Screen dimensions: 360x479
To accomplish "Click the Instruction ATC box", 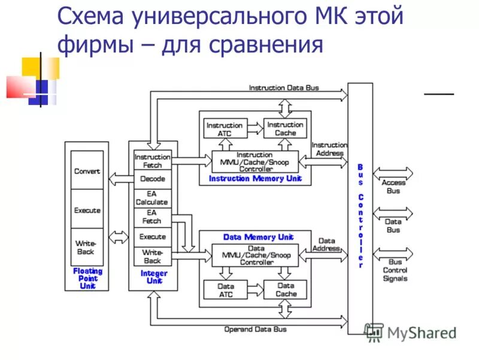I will (225, 129).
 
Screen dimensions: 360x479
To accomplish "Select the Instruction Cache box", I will (285, 128).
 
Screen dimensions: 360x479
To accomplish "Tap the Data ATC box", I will (225, 290).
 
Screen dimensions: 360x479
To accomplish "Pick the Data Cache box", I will (286, 290).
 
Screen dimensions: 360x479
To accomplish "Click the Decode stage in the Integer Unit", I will (153, 179).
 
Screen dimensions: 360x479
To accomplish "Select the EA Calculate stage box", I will (153, 199).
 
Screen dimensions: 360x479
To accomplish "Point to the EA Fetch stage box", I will (152, 217).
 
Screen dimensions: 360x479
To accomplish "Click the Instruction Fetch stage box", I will (153, 160).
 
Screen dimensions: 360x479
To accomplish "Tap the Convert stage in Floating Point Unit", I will (87, 171).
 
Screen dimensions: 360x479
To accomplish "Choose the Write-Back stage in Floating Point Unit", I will (87, 247).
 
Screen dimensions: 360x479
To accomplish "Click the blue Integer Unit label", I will (153, 277).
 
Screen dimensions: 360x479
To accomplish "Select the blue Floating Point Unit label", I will (87, 278).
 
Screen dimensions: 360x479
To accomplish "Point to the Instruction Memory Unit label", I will (255, 179).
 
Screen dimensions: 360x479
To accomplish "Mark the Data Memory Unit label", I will (259, 237).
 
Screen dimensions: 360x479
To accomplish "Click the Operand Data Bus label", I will (255, 329).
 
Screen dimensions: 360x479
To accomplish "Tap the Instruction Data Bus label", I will (284, 88).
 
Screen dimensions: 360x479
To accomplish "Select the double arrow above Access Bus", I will (393, 173).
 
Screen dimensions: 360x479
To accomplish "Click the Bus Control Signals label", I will (395, 270).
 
